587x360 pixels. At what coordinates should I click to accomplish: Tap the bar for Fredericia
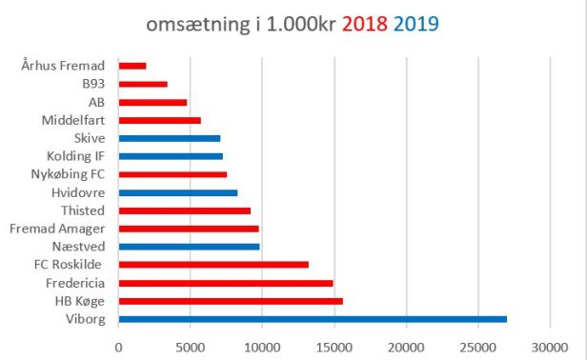point(226,283)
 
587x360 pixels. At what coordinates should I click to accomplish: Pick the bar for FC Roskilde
point(213,265)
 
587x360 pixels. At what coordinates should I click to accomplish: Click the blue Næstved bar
point(189,247)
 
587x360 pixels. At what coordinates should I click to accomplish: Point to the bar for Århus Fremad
point(132,66)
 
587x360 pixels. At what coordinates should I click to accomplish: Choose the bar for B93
point(143,84)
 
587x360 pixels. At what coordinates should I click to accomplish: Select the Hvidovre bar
point(178,192)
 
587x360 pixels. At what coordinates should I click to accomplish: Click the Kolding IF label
point(77,156)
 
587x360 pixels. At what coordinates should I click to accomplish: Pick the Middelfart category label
point(73,120)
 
